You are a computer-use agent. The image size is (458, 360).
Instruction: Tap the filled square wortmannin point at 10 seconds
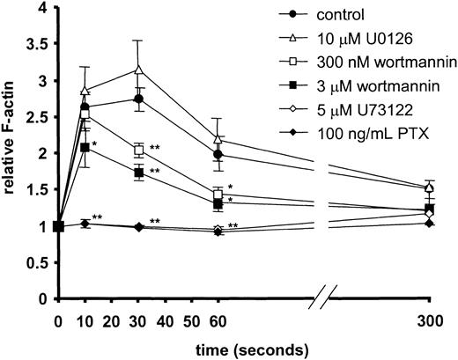click(85, 147)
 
